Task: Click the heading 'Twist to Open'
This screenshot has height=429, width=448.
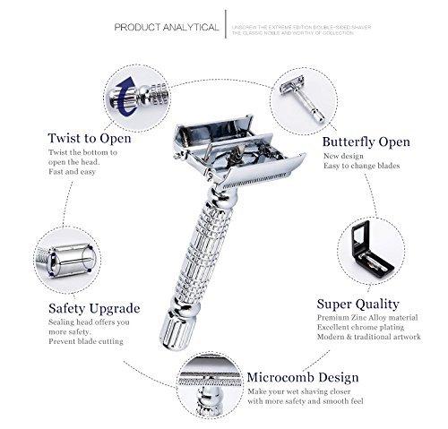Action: pyautogui.click(x=90, y=138)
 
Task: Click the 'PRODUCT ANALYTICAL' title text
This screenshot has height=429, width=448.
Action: pyautogui.click(x=167, y=27)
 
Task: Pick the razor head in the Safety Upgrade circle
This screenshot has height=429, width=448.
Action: pyautogui.click(x=67, y=260)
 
